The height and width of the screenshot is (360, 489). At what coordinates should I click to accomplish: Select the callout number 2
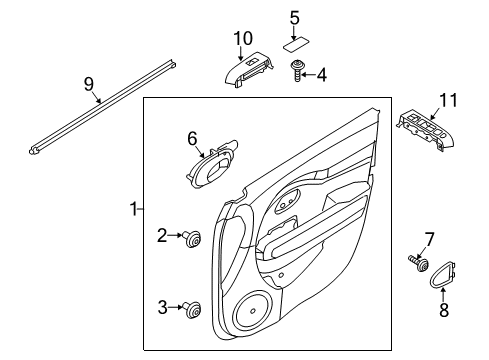pos(162,235)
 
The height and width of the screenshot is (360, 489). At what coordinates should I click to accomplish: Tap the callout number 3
pos(162,306)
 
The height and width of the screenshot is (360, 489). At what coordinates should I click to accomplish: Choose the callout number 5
pos(294,17)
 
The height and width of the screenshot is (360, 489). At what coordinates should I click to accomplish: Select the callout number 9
pos(89,84)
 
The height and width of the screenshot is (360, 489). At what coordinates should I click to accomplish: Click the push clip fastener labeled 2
pos(192,237)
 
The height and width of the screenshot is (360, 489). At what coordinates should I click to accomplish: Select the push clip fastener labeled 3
pos(192,307)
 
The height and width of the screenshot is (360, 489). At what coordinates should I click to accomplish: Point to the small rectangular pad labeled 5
pos(295,43)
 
